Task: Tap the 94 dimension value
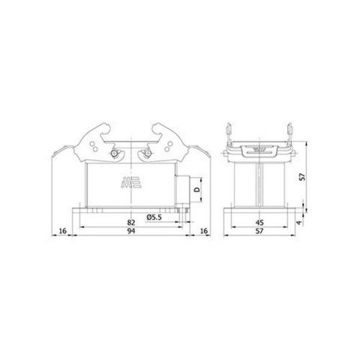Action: [132, 233]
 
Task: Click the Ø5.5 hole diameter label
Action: [155, 217]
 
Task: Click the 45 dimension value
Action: [259, 221]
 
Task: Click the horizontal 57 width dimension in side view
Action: [259, 233]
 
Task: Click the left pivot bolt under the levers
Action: [112, 155]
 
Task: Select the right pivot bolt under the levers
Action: [145, 155]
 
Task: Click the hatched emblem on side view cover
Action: [258, 148]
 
